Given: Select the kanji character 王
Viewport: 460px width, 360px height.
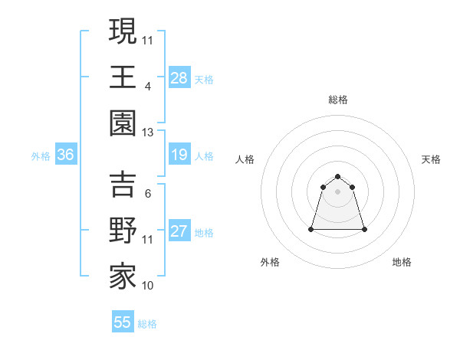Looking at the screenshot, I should [x=123, y=77].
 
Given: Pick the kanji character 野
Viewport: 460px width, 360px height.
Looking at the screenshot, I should [x=123, y=231].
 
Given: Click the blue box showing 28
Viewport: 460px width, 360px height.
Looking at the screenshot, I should [x=179, y=78].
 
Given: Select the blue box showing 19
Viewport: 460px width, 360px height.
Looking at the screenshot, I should [x=179, y=155].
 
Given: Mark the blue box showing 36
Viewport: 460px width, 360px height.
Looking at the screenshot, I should [x=66, y=155].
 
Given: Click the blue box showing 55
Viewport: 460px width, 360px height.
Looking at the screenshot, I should [x=123, y=322].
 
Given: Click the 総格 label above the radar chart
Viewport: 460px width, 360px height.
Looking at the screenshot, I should [x=337, y=100].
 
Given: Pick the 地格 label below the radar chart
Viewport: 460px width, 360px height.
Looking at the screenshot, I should [x=402, y=263].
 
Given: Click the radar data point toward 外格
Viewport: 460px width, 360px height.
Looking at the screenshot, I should [x=312, y=229].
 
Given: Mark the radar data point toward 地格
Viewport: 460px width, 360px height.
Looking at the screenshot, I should [x=363, y=229].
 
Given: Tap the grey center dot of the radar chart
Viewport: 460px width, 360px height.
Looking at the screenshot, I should [x=337, y=191].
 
